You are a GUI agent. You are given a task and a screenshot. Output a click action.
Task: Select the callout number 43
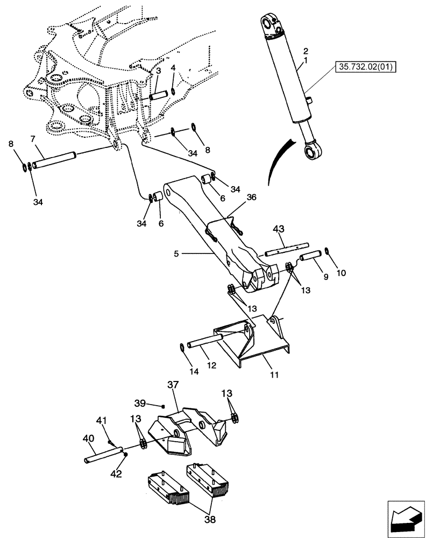point(278,230)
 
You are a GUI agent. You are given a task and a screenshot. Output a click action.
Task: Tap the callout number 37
point(172,386)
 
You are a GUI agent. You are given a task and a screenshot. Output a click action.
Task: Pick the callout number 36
point(251,197)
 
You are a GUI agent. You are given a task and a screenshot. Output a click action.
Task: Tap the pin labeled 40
point(103,455)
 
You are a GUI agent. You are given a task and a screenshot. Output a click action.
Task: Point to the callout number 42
point(116,474)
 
